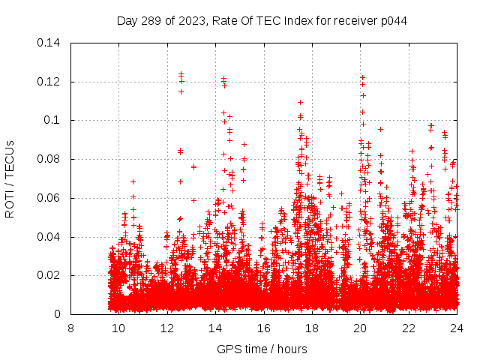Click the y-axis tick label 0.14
[x=51, y=43]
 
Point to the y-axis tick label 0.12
[x=51, y=82]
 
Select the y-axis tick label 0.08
[x=51, y=160]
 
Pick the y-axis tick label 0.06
[x=51, y=199]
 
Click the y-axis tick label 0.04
[x=51, y=238]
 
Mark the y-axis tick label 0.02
[x=51, y=276]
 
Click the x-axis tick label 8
[x=70, y=328]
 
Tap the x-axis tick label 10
[x=118, y=328]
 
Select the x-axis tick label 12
[x=167, y=328]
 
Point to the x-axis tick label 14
[x=215, y=328]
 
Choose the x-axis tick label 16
[x=264, y=328]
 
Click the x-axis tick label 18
[x=312, y=328]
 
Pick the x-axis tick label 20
[x=361, y=328]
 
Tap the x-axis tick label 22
[x=409, y=328]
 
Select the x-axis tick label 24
[x=457, y=328]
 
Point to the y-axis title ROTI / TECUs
[x=10, y=178]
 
